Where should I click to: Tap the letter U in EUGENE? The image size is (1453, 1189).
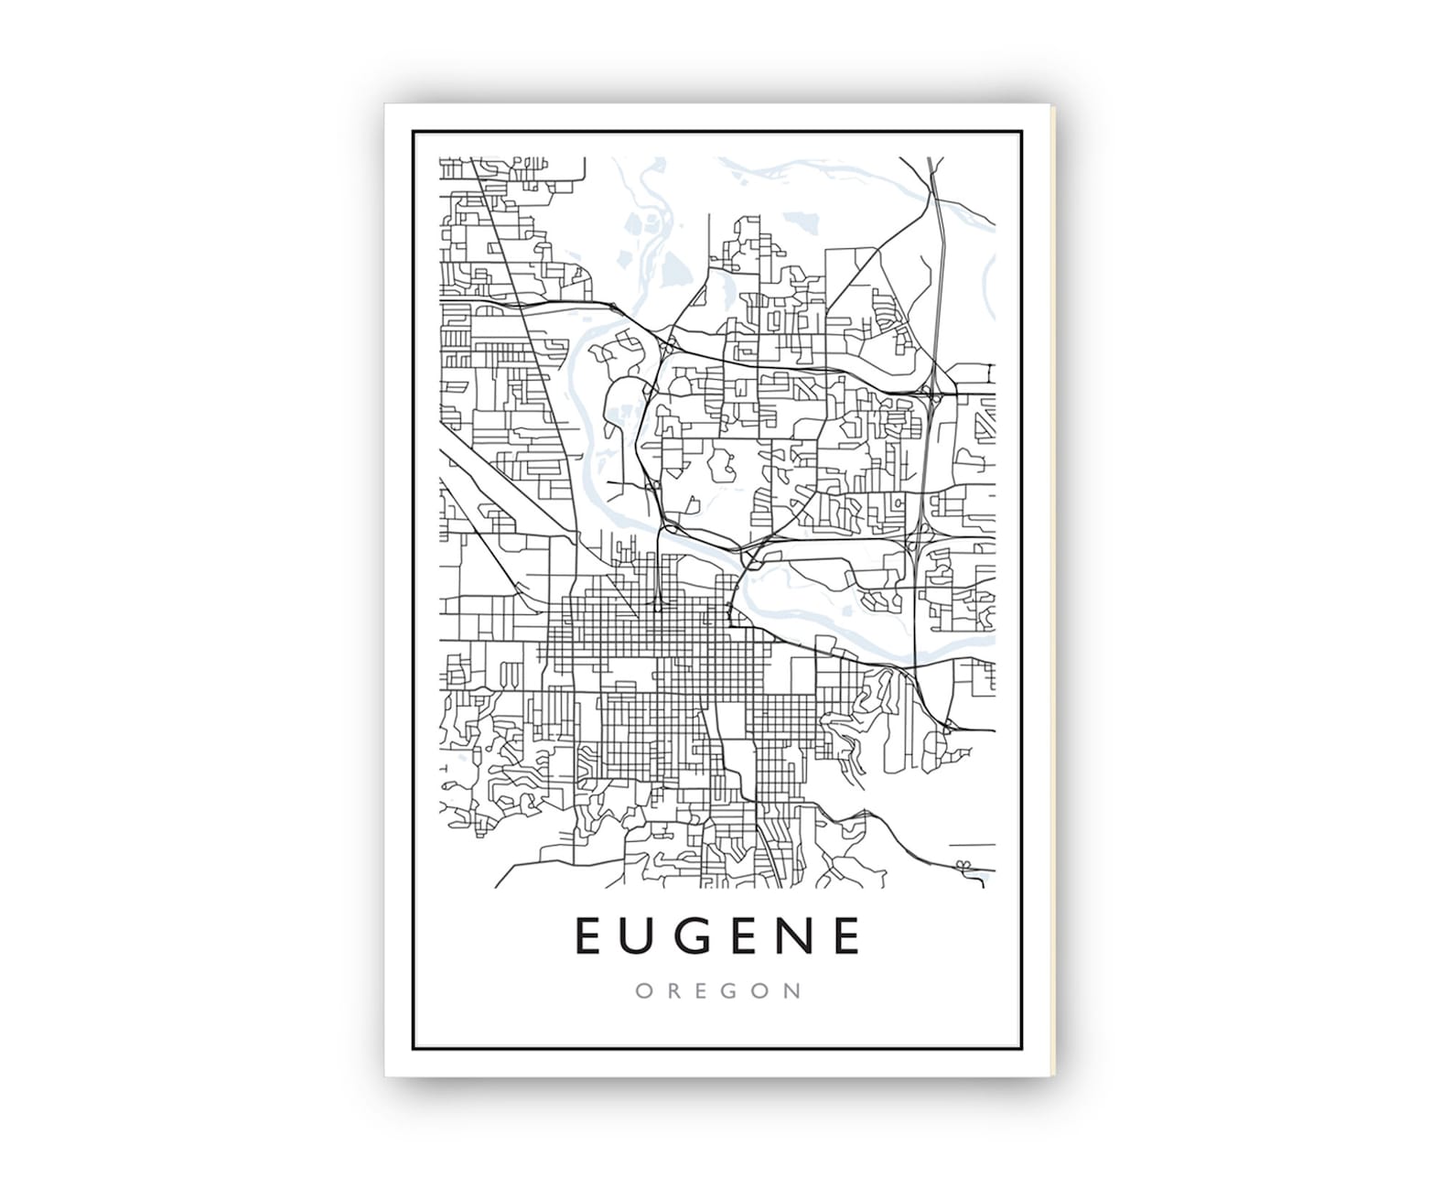[639, 935]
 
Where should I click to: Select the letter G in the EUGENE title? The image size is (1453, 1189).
[694, 935]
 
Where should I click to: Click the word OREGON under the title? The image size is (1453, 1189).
[718, 991]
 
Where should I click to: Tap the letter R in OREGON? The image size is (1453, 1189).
[672, 991]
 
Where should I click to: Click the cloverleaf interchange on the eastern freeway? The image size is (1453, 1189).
[931, 396]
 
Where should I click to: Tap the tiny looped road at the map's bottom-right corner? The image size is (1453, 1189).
[963, 865]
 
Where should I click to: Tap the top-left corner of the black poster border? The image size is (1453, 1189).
[414, 133]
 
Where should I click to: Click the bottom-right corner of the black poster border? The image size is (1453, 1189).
[1021, 1049]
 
